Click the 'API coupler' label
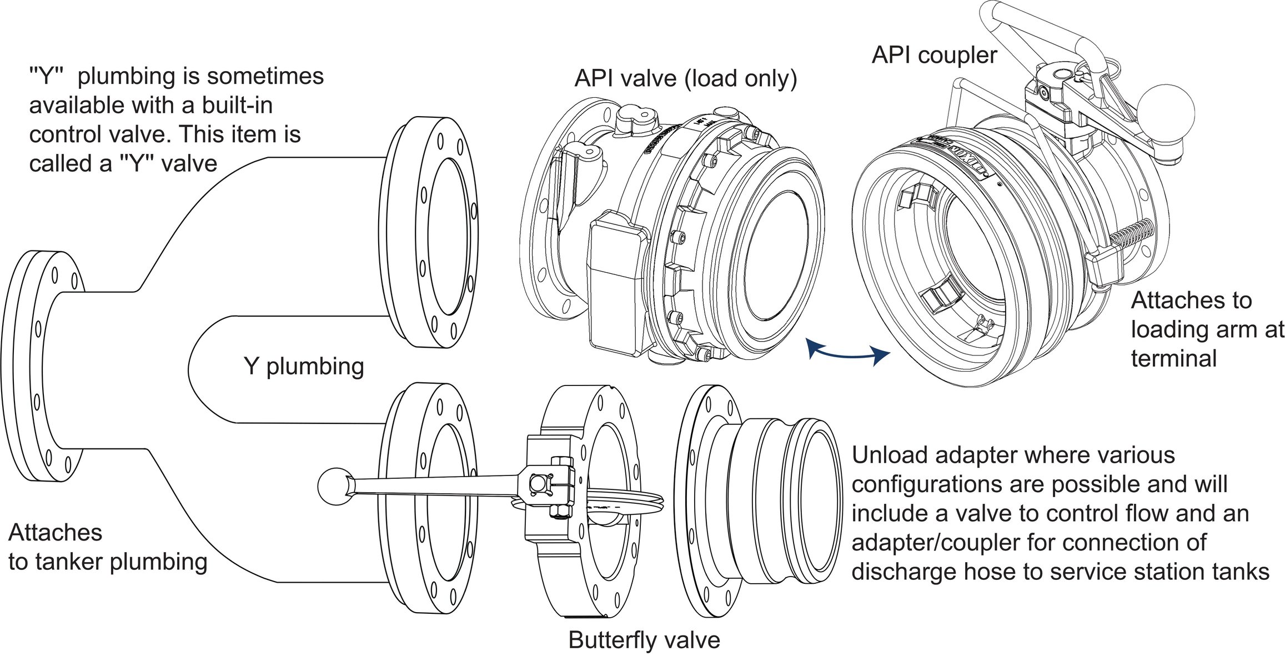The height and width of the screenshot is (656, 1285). click(x=934, y=56)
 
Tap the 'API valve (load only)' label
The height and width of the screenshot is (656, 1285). click(x=685, y=79)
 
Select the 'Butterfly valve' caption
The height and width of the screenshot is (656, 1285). click(x=644, y=640)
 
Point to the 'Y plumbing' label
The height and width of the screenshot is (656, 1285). click(x=304, y=367)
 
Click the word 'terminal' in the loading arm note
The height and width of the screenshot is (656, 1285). click(x=1173, y=359)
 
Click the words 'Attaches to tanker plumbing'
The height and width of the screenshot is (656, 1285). click(x=108, y=547)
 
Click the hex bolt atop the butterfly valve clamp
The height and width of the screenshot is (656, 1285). click(x=560, y=462)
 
